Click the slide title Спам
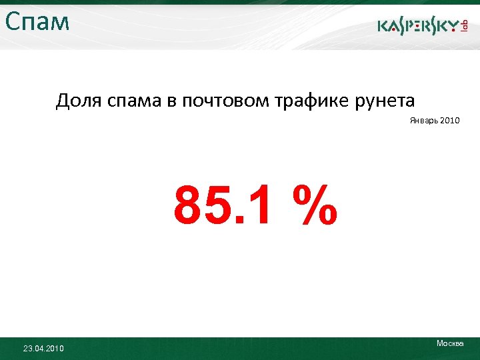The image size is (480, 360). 37,22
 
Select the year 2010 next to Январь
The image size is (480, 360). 449,121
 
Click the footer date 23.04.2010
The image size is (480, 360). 43,348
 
